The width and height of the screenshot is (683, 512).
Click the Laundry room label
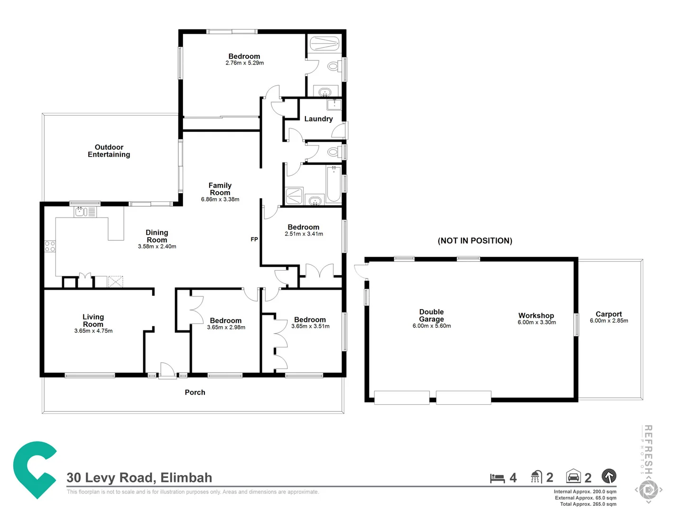point(318,119)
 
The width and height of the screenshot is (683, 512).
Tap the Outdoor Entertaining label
point(109,151)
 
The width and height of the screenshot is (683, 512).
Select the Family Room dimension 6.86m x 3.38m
point(220,200)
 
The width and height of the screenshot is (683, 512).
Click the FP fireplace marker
point(254,239)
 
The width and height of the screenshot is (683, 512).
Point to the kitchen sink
point(80,211)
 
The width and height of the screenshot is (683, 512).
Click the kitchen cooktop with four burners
point(50,246)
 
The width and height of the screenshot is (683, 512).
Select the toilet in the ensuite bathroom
point(333,66)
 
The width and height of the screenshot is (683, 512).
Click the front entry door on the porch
point(167,371)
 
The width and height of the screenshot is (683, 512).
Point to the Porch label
point(195,393)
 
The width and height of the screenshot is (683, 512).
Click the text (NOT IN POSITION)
point(475,241)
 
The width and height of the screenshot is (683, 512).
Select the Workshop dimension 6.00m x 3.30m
point(536,322)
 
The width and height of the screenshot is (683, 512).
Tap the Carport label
point(609,314)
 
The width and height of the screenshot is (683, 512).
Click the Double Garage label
point(431,315)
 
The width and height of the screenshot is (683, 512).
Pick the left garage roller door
point(402,397)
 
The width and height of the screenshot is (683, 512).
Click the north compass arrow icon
point(609,476)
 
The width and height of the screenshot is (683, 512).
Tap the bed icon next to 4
point(497,478)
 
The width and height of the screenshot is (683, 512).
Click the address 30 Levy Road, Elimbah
point(139,477)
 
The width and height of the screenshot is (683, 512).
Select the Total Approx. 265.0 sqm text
point(588,504)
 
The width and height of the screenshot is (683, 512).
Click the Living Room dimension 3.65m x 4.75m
point(93,331)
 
